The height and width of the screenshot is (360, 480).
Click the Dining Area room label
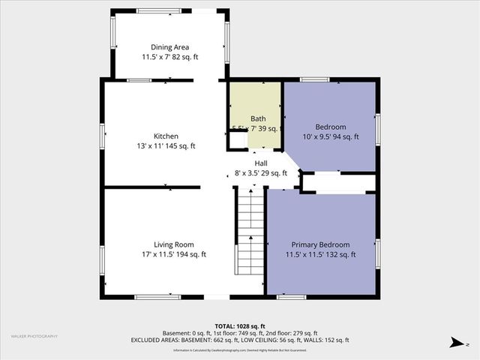point(169,47)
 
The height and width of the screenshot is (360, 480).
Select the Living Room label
point(174,244)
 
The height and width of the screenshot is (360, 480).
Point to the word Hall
point(261,163)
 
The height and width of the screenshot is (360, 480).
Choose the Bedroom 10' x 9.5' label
point(330,127)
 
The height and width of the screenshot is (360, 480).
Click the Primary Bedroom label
point(320,244)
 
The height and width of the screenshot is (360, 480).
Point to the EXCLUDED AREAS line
point(240,340)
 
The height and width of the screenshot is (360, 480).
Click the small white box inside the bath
point(238,139)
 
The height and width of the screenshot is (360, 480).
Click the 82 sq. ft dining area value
point(185,57)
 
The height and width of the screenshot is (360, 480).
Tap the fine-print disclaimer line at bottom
point(240,350)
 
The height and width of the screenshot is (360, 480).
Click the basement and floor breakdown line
point(240,334)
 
